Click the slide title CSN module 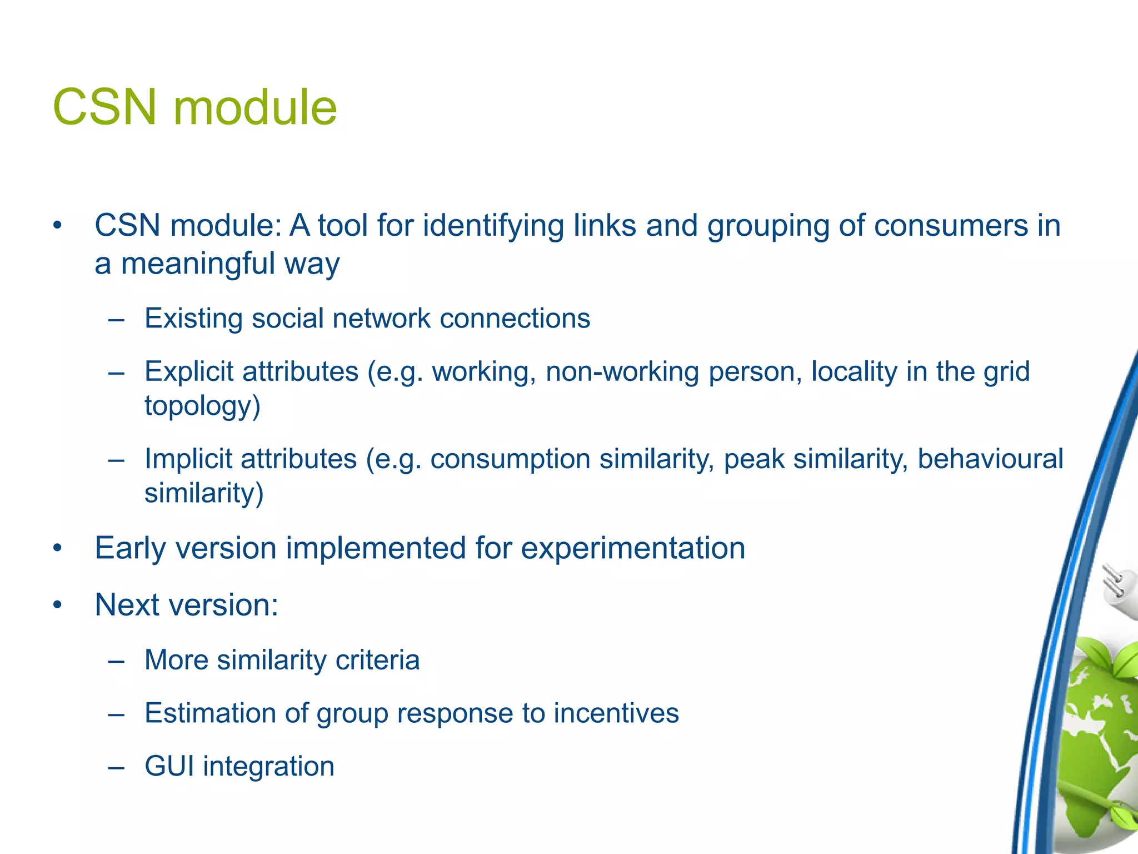(194, 107)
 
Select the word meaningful (198, 264)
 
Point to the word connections (515, 319)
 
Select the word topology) (202, 406)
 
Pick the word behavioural (990, 459)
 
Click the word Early (131, 548)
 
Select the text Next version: (186, 604)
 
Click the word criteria (377, 660)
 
